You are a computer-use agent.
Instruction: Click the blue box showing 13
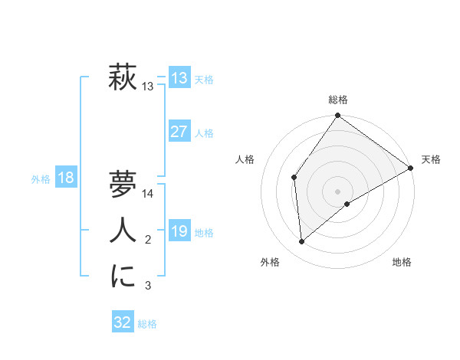tap(179, 78)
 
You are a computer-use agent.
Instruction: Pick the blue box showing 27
tap(179, 132)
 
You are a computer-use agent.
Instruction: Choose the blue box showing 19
tap(179, 231)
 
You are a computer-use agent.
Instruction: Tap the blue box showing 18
tap(66, 178)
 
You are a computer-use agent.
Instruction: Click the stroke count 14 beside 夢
tap(149, 194)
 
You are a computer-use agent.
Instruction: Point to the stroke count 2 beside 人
tap(148, 241)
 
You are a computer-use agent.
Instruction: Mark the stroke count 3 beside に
tap(148, 286)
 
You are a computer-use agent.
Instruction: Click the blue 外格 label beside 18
tap(41, 179)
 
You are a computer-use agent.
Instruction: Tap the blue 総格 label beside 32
tap(147, 324)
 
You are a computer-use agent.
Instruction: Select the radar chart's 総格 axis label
tap(338, 100)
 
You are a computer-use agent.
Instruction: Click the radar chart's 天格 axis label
tap(431, 159)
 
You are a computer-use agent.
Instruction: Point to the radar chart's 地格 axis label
tap(402, 262)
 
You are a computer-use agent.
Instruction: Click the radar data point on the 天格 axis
tap(411, 169)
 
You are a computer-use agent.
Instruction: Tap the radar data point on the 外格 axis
tap(302, 242)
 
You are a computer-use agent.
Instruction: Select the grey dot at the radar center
tap(338, 191)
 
